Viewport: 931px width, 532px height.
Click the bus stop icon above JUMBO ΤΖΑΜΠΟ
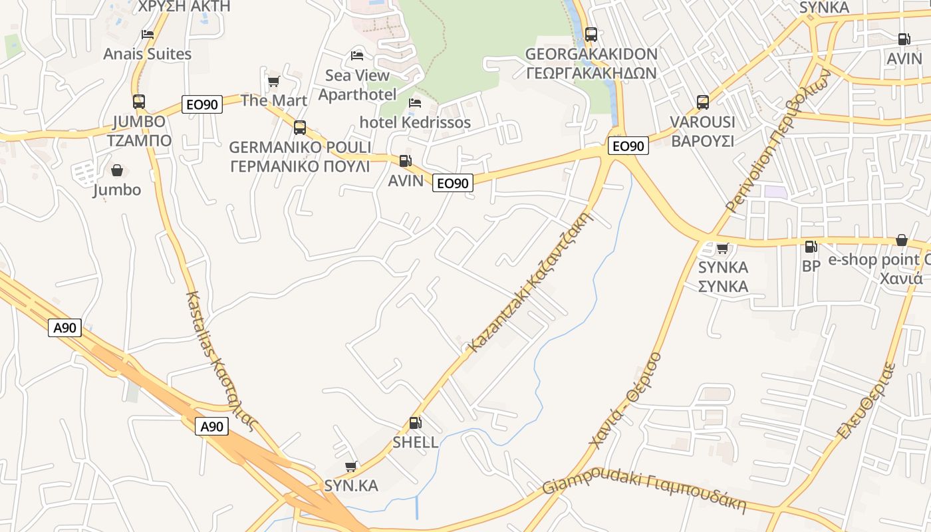[138, 102]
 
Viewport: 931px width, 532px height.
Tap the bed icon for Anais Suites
[148, 35]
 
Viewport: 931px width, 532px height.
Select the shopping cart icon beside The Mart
[273, 82]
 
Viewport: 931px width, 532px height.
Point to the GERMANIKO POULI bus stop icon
[300, 127]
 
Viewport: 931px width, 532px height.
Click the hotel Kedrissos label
[415, 122]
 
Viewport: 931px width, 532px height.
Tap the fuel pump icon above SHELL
[415, 422]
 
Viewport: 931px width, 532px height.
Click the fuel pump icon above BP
[811, 247]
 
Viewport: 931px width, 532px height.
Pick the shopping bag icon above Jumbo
[117, 171]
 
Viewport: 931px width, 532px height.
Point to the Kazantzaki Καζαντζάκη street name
[531, 282]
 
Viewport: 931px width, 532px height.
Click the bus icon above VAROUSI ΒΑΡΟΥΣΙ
[703, 102]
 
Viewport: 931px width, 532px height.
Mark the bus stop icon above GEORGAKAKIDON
[591, 35]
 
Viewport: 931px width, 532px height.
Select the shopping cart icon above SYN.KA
[351, 467]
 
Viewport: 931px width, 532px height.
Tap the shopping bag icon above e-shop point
[902, 240]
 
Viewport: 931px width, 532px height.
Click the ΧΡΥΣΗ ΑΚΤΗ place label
[184, 6]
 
